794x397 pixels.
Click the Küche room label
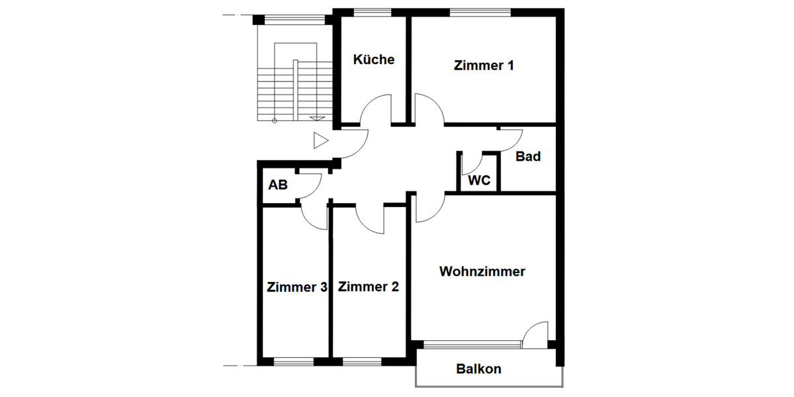pos(374,60)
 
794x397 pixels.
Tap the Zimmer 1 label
pos(484,66)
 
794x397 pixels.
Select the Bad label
pos(528,157)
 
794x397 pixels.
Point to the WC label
pos(479,181)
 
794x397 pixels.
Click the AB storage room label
pos(278,185)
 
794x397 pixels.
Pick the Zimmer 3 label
pos(297,287)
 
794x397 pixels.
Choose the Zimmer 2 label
pos(369,287)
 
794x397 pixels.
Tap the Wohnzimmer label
pos(482,271)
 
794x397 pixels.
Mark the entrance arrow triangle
pos(321,140)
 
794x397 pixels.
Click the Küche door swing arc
pos(376,109)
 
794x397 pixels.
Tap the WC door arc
pos(471,164)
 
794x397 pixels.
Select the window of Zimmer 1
pos(480,11)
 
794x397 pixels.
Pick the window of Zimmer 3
pos(294,361)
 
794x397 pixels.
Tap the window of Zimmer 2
pos(362,361)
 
